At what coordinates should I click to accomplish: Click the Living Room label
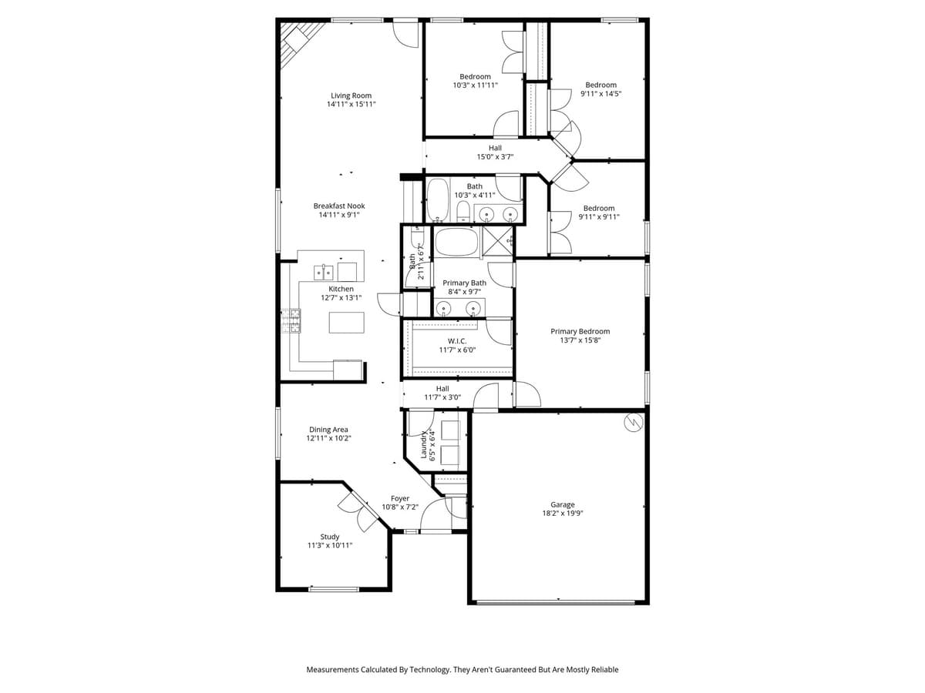[x=351, y=96]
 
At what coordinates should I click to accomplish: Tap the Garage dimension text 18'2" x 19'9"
[x=562, y=513]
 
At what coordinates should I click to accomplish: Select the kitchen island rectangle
[x=346, y=322]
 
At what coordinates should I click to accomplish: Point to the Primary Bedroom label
[x=580, y=331]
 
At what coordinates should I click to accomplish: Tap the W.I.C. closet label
[x=457, y=341]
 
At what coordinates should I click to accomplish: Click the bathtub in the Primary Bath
[x=456, y=242]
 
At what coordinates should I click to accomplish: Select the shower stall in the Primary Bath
[x=498, y=241]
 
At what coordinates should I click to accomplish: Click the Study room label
[x=329, y=537]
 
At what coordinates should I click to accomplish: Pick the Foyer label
[x=399, y=498]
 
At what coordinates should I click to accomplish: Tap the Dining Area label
[x=328, y=430]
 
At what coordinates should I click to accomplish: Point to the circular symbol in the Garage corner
[x=633, y=423]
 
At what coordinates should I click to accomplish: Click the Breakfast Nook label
[x=339, y=206]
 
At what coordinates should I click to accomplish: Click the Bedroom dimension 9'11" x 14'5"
[x=600, y=93]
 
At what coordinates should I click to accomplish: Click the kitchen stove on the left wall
[x=291, y=320]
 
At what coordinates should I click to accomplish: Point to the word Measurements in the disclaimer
[x=332, y=670]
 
